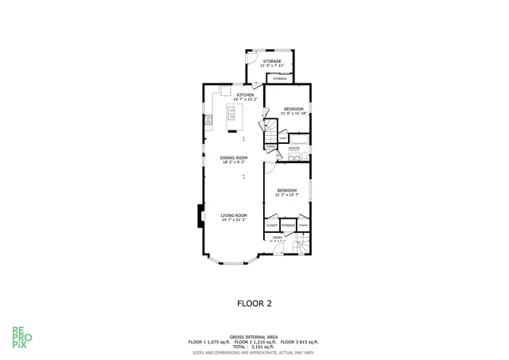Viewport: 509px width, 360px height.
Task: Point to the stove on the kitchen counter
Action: tap(208, 121)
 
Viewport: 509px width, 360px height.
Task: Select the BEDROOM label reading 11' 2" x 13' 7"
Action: tap(286, 192)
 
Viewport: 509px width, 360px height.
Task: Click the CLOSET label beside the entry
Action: tap(271, 226)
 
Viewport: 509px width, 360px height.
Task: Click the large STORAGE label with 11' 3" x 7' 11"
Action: tap(272, 63)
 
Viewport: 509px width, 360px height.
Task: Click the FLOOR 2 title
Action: tap(254, 303)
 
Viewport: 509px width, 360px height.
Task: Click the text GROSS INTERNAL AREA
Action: tap(254, 336)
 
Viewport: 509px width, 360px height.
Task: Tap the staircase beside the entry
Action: tap(301, 248)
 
